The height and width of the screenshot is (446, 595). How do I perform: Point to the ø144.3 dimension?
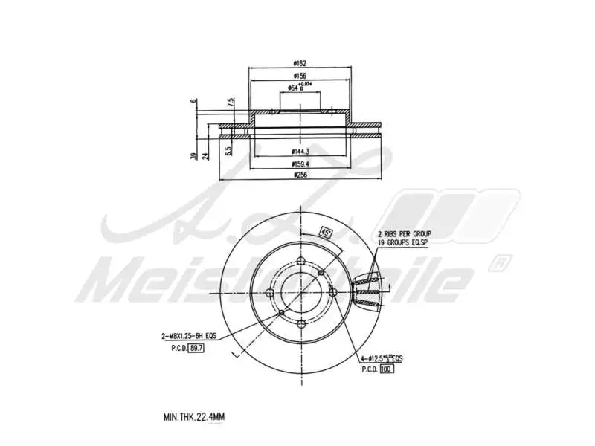(301, 151)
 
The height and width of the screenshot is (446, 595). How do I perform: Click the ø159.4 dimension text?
(301, 164)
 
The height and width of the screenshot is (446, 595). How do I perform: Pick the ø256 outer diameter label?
(301, 175)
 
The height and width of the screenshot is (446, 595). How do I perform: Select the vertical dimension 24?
(205, 154)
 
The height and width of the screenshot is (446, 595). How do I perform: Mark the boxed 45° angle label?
(325, 231)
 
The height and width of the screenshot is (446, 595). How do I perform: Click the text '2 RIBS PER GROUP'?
(404, 233)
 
